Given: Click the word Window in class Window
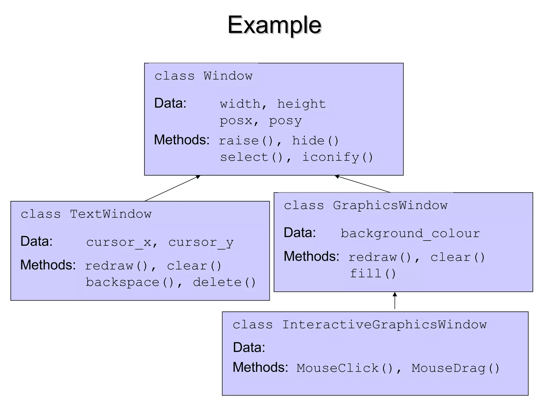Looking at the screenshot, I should point(228,76).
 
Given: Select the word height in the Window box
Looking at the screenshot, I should point(301,104).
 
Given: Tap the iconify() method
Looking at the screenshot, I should point(338,157).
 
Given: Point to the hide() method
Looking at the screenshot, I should point(315,141).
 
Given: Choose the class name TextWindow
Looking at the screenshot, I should point(111,214).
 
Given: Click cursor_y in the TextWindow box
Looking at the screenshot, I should point(201,242).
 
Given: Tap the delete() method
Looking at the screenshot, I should point(224,283).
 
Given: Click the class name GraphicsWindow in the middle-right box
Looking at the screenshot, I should point(390,205).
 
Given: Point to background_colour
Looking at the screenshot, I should point(410,234).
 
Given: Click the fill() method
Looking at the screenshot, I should point(373,274).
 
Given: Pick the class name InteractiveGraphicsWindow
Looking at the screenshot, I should point(385,325).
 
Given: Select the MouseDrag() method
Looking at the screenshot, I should point(455,368).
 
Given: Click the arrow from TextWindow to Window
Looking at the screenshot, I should point(172,188).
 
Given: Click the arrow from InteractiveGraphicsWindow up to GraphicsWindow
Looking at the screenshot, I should point(395,301).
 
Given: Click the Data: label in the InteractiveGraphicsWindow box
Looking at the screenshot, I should point(249,347).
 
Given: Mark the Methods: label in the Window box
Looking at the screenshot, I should point(182,140).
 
